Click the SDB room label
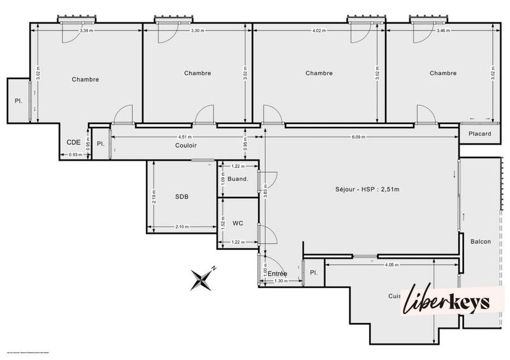click(x=182, y=197)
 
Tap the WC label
click(x=237, y=223)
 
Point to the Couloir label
click(x=186, y=145)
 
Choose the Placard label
click(x=479, y=134)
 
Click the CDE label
click(x=73, y=143)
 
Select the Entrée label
click(x=277, y=274)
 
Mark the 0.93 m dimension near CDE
click(x=75, y=155)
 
